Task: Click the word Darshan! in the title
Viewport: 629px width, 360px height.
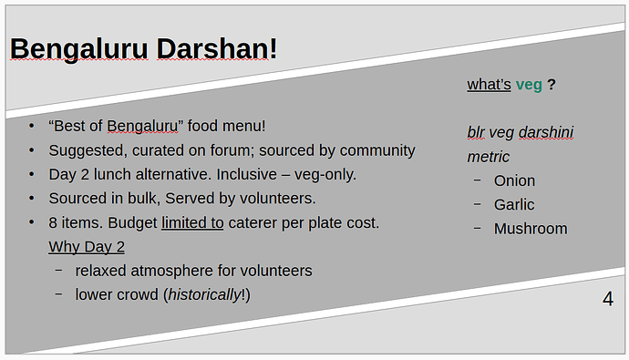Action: pyautogui.click(x=217, y=48)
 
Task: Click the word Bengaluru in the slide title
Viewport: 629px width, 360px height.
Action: pyautogui.click(x=79, y=50)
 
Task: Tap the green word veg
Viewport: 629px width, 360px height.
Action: pyautogui.click(x=529, y=86)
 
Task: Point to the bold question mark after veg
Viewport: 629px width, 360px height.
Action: pyautogui.click(x=552, y=84)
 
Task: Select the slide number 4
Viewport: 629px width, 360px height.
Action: pyautogui.click(x=608, y=299)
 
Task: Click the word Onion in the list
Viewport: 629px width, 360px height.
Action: pyautogui.click(x=514, y=180)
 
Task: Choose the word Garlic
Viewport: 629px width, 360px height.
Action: pyautogui.click(x=514, y=204)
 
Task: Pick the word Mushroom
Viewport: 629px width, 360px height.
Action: pyautogui.click(x=531, y=229)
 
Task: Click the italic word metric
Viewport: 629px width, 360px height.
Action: pyautogui.click(x=489, y=157)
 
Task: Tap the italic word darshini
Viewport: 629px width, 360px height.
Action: pyautogui.click(x=545, y=132)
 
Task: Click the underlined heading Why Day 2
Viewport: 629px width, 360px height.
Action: pyautogui.click(x=87, y=247)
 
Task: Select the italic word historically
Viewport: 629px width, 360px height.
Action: pyautogui.click(x=204, y=295)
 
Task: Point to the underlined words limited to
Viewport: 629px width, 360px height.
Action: pyautogui.click(x=192, y=223)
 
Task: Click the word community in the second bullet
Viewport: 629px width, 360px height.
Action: pyautogui.click(x=377, y=151)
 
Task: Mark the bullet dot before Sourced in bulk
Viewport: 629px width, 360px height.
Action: pyautogui.click(x=32, y=198)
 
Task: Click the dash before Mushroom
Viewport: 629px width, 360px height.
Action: pyautogui.click(x=477, y=229)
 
